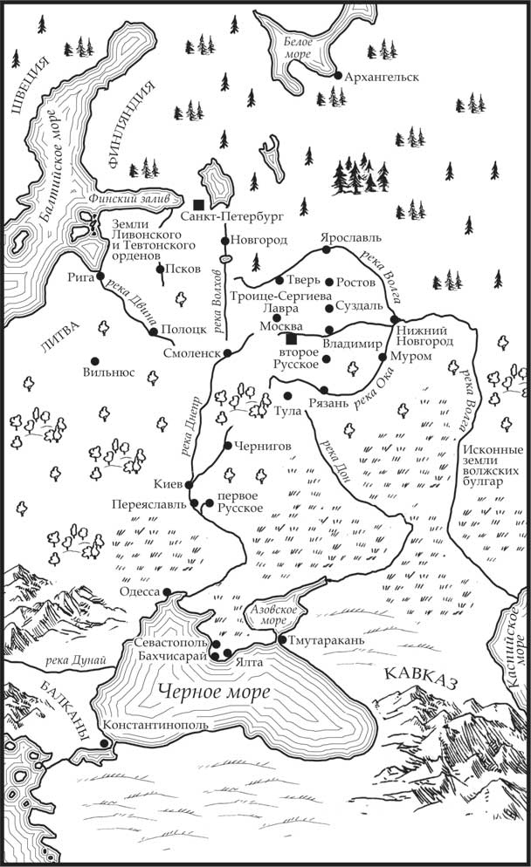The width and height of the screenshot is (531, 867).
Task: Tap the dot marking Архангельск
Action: (337, 76)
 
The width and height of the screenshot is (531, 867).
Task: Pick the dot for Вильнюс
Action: (93, 361)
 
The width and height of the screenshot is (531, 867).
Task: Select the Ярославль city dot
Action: (326, 249)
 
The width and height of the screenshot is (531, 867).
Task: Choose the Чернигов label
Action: (261, 446)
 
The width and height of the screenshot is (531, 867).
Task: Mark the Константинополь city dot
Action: (104, 742)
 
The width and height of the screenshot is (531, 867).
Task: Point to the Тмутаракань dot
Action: (280, 639)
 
